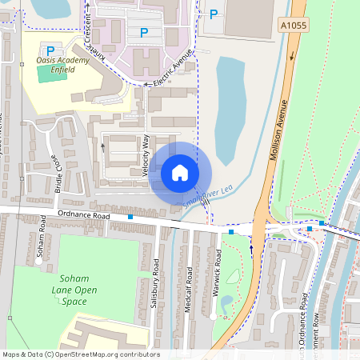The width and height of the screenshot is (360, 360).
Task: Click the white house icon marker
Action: [x=180, y=172]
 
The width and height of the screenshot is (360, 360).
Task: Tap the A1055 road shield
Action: [x=294, y=26]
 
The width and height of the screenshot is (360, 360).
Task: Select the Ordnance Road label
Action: [x=82, y=215]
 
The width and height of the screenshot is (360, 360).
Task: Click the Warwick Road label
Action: [x=217, y=272]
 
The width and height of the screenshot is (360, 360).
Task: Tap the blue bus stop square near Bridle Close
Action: [x=130, y=217]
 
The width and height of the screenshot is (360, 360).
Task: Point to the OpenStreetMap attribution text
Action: [x=81, y=354]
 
